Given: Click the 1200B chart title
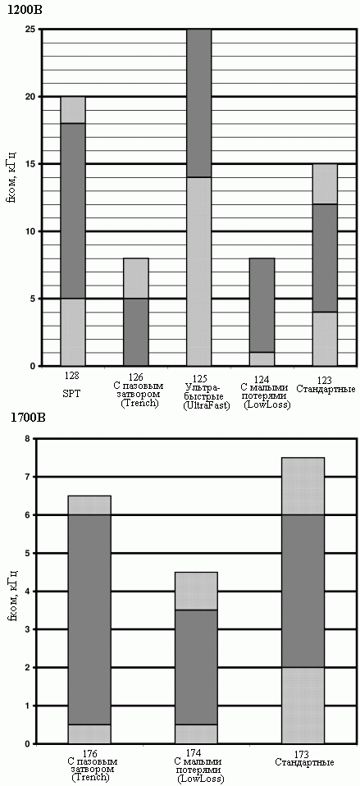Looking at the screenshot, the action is [19, 10].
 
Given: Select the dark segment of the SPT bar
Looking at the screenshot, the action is [73, 211].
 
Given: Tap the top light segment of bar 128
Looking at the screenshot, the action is [73, 110].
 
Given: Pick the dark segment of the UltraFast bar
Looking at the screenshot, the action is [199, 103].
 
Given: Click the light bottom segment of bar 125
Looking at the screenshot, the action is [199, 272].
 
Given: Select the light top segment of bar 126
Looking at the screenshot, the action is [136, 278].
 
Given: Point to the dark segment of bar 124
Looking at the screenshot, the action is [262, 305].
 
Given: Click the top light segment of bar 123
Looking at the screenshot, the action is [326, 184].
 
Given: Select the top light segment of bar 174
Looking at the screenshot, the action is [196, 591].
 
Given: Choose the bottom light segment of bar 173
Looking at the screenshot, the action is [303, 706].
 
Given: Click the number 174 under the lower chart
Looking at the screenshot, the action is [196, 753].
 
